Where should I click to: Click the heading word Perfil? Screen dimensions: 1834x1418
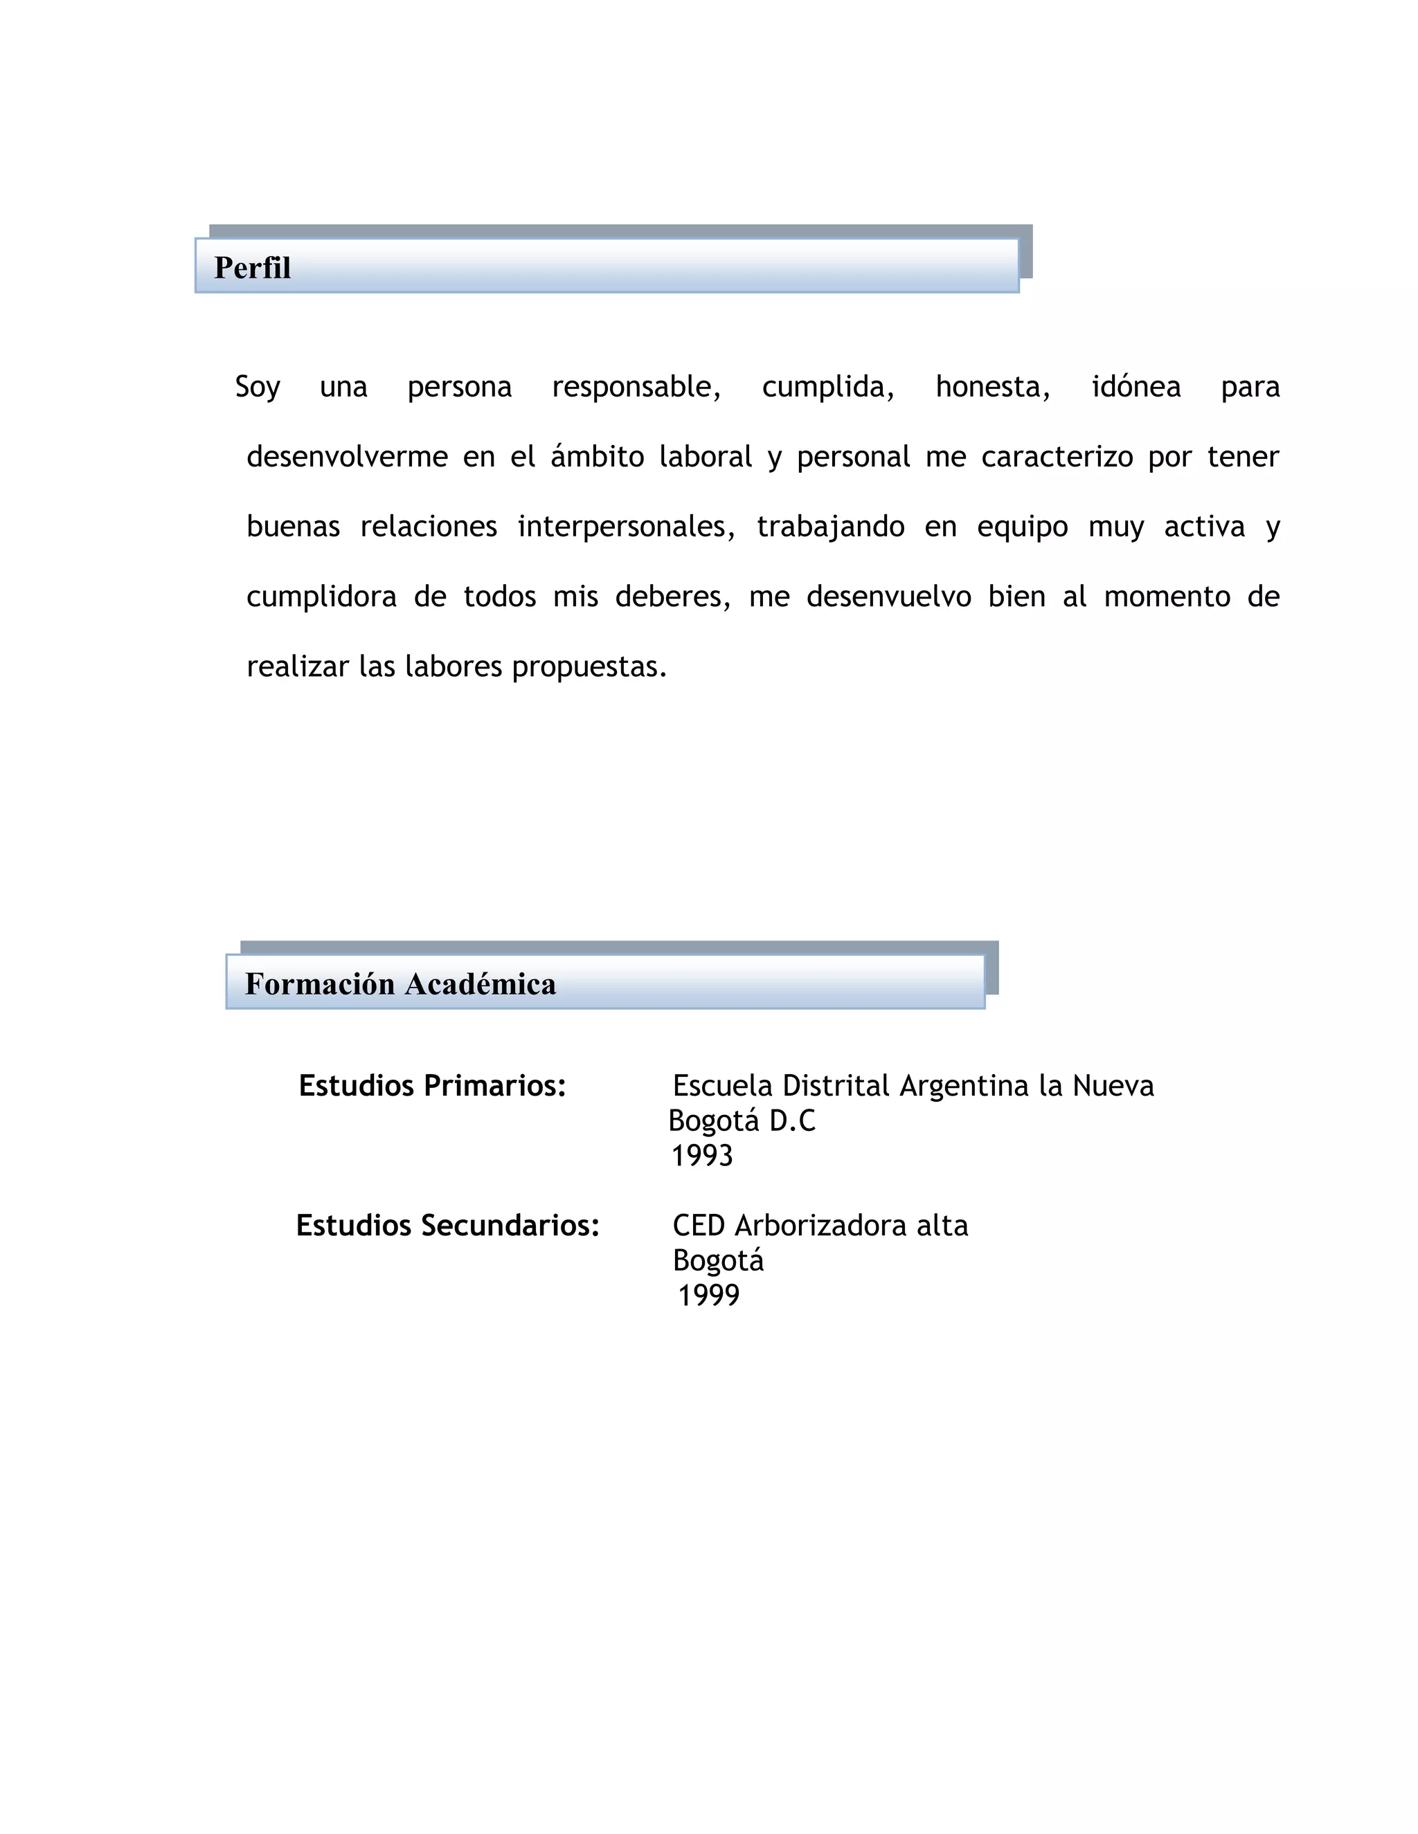[252, 268]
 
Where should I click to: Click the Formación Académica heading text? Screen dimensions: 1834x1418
[400, 984]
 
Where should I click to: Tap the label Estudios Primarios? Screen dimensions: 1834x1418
[433, 1086]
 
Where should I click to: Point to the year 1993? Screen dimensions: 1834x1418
[702, 1156]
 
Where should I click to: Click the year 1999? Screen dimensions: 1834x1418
[708, 1295]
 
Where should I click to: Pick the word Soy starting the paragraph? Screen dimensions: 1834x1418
[257, 387]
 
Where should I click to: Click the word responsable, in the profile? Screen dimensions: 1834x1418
[636, 387]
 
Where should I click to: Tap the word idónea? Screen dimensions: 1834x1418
[1136, 387]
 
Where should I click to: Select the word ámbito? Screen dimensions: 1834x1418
[598, 457]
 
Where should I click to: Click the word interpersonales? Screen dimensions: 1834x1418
[626, 527]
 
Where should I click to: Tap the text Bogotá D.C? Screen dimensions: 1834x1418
[742, 1121]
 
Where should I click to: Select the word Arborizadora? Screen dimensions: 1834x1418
[820, 1226]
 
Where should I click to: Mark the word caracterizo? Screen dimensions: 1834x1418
[1057, 457]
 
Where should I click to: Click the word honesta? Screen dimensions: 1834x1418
[992, 387]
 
